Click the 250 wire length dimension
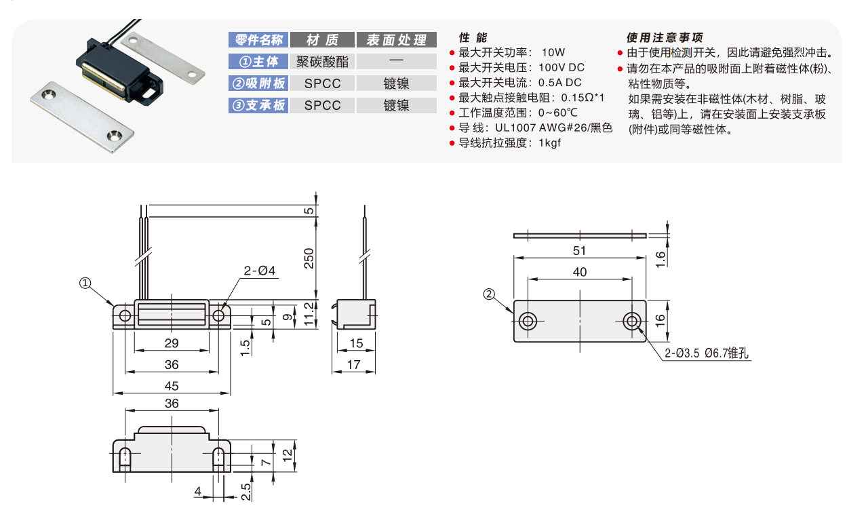click(x=309, y=258)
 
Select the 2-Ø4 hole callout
click(x=259, y=271)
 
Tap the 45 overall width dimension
click(x=172, y=386)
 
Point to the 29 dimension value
click(x=172, y=344)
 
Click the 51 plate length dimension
click(x=579, y=250)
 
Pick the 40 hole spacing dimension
click(x=580, y=272)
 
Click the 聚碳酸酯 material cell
click(x=322, y=62)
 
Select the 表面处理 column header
click(x=396, y=40)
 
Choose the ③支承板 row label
click(x=258, y=105)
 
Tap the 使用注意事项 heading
click(x=665, y=37)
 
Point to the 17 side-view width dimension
click(x=353, y=365)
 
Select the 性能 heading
click(x=473, y=37)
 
